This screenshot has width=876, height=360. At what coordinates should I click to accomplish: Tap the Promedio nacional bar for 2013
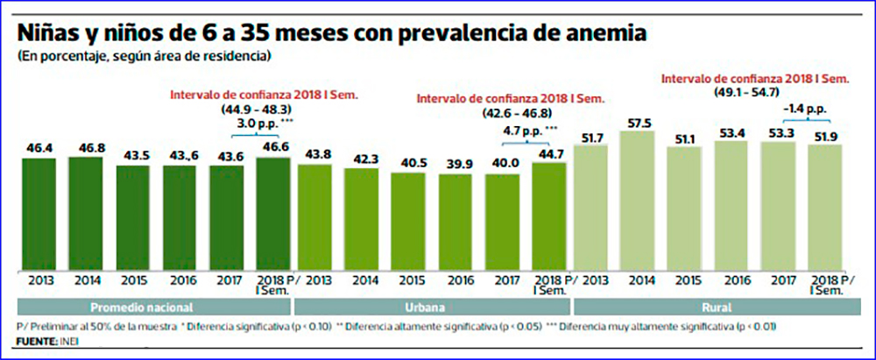pyautogui.click(x=39, y=215)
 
